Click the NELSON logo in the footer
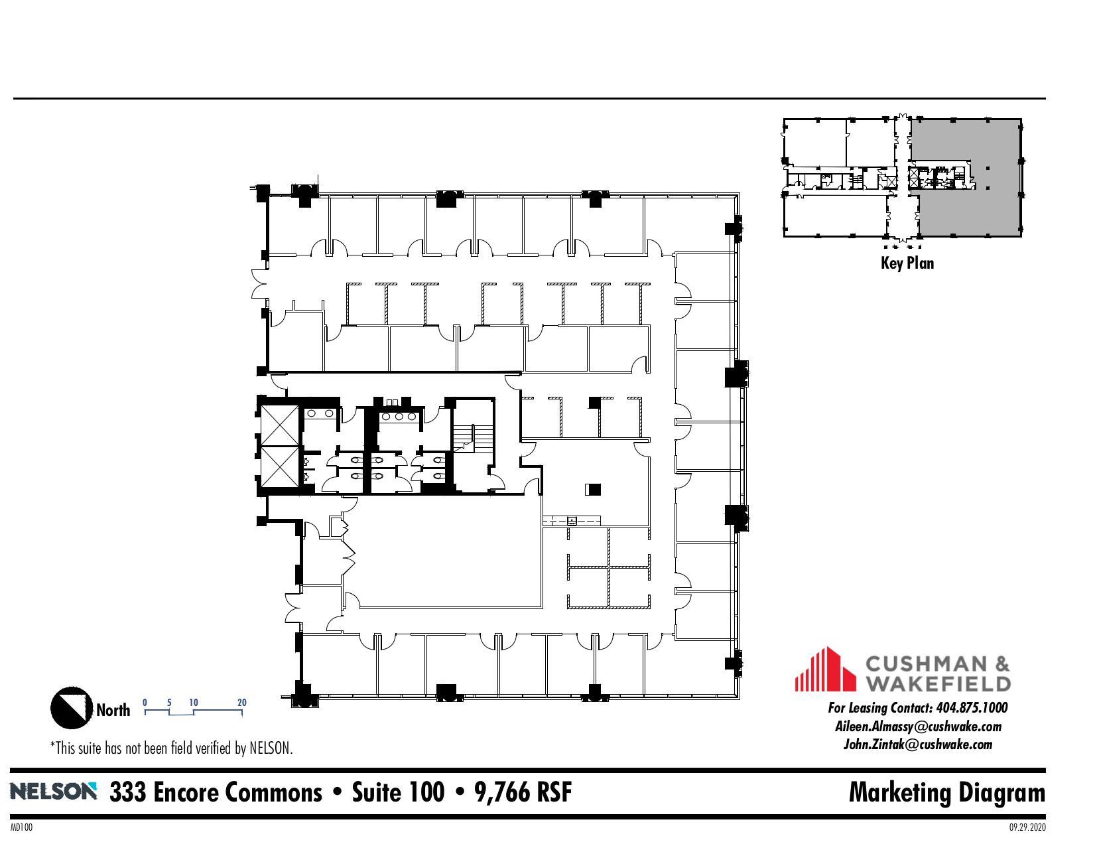tap(53, 791)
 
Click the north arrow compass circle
tap(72, 707)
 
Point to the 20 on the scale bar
tap(242, 702)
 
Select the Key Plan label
tap(907, 263)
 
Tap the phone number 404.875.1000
tap(971, 708)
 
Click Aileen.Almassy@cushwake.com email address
tap(917, 727)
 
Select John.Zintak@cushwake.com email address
tap(917, 744)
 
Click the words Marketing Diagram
tap(946, 792)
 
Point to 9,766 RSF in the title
tap(523, 792)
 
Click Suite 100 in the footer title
tap(398, 792)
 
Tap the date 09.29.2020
tap(1027, 827)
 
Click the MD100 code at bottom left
tap(21, 827)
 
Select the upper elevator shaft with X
tap(280, 425)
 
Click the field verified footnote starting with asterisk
tap(171, 748)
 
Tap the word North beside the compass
tap(113, 710)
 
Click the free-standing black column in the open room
tap(593, 490)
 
